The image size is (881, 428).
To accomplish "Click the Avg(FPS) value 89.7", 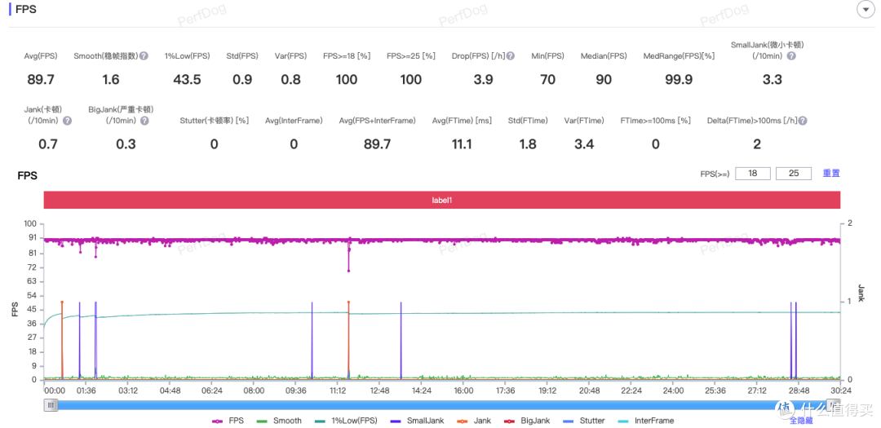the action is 41,80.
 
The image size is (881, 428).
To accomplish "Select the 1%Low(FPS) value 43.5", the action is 187,80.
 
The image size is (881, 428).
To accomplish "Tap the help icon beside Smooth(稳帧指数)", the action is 144,56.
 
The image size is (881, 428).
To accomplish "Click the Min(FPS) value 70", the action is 547,80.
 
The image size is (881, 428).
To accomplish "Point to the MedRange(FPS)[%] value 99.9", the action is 679,80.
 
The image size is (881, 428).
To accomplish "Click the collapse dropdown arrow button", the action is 864,9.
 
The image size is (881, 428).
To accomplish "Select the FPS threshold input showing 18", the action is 752,174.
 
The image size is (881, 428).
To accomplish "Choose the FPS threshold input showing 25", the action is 794,174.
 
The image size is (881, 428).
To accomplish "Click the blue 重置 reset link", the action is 831,174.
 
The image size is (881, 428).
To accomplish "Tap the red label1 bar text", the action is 441,200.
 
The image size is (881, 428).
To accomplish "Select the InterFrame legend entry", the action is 645,420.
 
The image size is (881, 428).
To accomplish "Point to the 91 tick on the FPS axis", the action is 32,237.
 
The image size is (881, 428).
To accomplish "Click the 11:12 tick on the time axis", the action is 337,390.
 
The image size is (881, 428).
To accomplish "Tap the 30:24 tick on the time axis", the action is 840,390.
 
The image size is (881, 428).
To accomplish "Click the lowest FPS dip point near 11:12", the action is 348,271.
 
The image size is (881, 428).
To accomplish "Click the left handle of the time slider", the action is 51,405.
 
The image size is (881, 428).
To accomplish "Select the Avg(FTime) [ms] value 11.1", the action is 461,144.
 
